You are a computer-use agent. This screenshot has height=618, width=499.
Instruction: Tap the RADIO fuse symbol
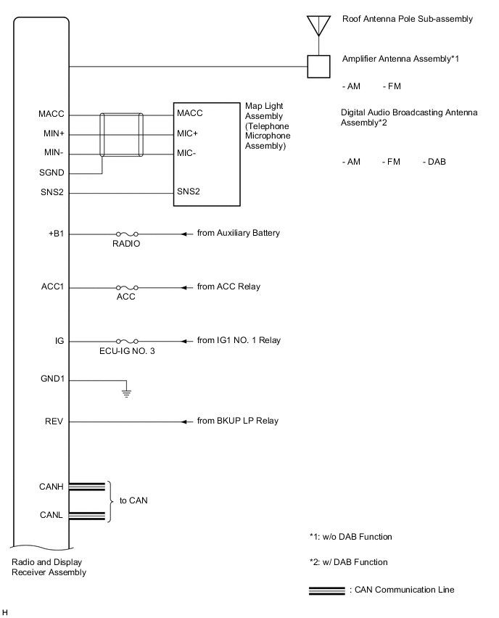coord(127,234)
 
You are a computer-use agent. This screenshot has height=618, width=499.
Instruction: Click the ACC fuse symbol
coord(127,287)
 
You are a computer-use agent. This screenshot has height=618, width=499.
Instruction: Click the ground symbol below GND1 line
coord(127,393)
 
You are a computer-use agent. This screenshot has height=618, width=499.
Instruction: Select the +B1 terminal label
coord(56,234)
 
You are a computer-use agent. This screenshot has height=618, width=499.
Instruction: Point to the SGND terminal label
coord(52,174)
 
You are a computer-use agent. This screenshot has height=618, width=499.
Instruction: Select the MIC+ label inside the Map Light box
coord(187,133)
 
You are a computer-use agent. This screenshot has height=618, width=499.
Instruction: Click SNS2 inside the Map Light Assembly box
coord(188,192)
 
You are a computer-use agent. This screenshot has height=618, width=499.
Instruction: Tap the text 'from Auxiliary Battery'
coord(238,234)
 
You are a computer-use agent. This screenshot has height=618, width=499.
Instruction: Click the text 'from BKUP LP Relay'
coord(237,421)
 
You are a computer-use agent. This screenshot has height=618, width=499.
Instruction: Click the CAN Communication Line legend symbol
coord(326,590)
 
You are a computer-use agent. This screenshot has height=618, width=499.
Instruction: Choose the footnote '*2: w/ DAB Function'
coord(348,562)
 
